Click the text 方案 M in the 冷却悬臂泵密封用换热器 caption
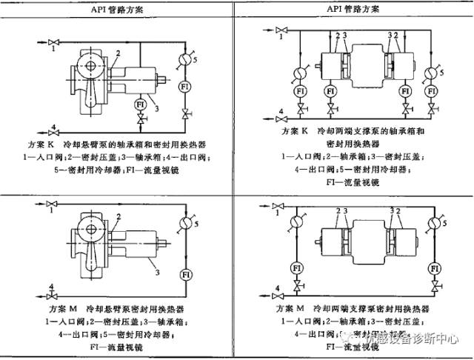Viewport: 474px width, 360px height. click(62, 307)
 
